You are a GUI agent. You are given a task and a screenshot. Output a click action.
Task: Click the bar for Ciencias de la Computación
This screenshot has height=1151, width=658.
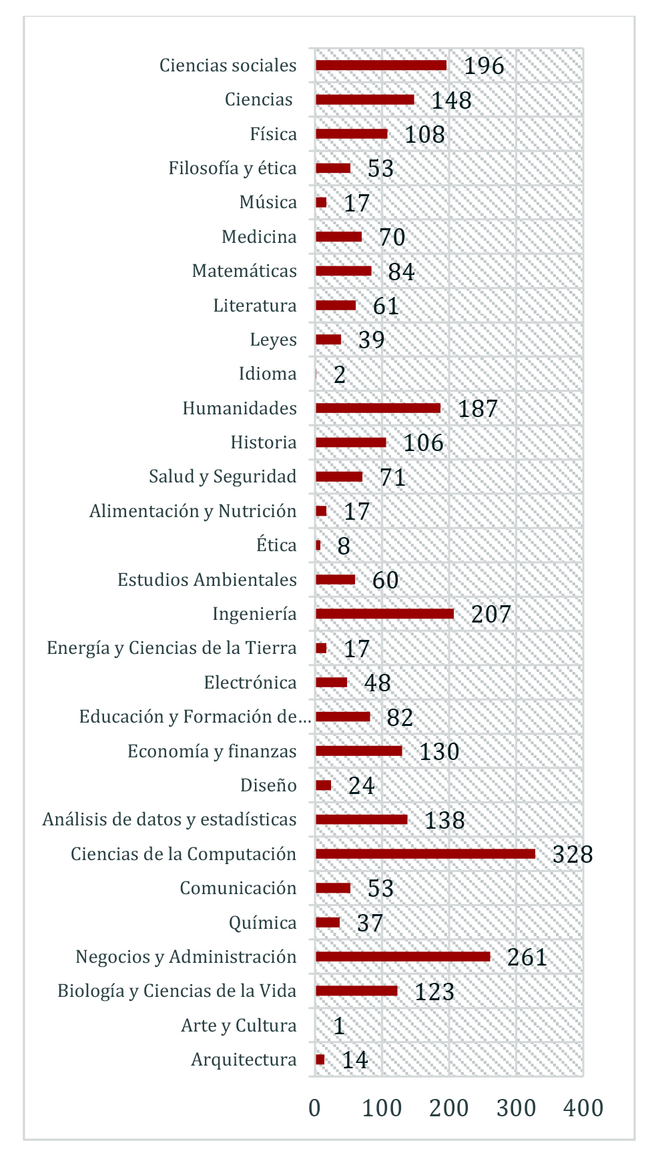click(425, 853)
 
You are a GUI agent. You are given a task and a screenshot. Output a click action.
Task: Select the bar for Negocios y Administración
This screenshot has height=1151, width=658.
click(402, 956)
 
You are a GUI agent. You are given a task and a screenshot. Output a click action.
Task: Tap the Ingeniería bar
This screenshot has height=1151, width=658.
click(384, 614)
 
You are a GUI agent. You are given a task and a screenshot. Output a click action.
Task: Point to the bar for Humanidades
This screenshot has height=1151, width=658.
click(378, 408)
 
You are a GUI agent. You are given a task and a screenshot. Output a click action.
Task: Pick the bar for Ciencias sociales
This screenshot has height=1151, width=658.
click(381, 65)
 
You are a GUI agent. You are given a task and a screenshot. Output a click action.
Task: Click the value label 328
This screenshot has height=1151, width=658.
click(573, 854)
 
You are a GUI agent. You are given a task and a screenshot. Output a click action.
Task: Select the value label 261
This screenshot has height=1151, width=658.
click(527, 957)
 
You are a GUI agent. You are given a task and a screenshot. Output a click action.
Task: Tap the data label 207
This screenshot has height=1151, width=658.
click(491, 615)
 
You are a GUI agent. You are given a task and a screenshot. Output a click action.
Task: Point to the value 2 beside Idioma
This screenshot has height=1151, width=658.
click(340, 375)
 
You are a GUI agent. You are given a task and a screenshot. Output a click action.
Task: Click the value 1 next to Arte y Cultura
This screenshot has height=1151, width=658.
click(339, 1026)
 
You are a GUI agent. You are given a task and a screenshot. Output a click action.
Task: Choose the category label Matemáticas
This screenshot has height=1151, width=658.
click(244, 271)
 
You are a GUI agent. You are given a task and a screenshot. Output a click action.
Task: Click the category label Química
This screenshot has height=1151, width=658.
click(263, 923)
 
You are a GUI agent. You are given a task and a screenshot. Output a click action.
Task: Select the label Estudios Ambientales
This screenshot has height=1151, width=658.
click(207, 580)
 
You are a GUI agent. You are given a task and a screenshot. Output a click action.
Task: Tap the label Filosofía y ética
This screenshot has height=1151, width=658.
click(232, 168)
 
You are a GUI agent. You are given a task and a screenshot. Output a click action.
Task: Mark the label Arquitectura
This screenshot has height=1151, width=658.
click(244, 1060)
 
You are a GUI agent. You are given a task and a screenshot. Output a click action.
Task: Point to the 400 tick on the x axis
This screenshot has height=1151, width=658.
click(583, 1108)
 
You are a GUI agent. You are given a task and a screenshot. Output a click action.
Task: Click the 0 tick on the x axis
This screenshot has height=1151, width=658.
click(315, 1108)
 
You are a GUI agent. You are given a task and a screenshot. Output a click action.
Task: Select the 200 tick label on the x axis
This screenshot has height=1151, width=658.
click(449, 1108)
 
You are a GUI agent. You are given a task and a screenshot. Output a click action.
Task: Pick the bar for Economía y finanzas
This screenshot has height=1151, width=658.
click(359, 751)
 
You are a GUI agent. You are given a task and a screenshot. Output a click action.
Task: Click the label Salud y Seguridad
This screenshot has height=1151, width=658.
click(223, 476)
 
